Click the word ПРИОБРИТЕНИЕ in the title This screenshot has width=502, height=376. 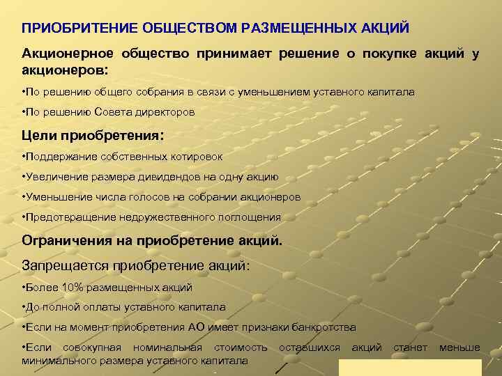click(x=70, y=29)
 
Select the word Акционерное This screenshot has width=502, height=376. click(x=65, y=54)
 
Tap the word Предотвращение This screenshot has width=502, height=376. click(x=65, y=217)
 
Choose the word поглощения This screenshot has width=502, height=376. click(x=246, y=217)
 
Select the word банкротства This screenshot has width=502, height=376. click(x=321, y=327)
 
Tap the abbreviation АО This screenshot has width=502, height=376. click(x=196, y=327)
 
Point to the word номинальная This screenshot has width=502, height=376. click(x=168, y=347)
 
